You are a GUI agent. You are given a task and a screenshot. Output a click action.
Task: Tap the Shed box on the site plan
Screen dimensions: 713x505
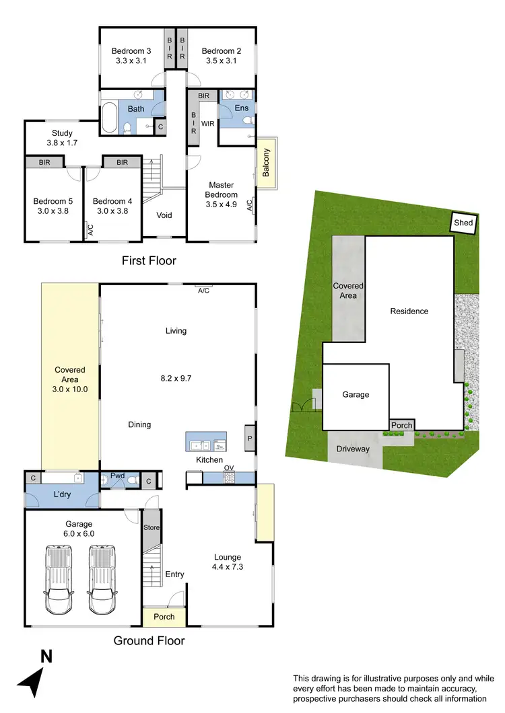[463, 223]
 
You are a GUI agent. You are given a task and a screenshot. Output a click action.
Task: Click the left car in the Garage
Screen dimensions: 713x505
[57, 579]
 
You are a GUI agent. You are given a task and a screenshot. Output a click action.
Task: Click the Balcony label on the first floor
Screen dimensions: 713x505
[266, 163]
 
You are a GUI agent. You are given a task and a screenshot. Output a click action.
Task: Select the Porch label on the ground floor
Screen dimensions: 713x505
[164, 616]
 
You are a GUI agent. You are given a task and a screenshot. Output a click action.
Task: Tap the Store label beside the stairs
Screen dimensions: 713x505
[151, 527]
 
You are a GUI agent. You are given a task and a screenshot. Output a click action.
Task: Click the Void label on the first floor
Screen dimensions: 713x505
[164, 215]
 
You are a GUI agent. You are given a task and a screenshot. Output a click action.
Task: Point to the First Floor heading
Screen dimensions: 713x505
[149, 260]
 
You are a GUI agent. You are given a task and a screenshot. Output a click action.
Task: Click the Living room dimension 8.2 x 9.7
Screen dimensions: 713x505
[176, 359]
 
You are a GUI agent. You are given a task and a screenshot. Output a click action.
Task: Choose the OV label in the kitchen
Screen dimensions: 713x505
[229, 468]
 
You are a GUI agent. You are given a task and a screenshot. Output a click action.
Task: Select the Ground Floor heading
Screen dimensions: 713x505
[149, 640]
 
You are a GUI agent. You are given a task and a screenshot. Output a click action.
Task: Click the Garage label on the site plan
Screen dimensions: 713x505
[356, 395]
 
